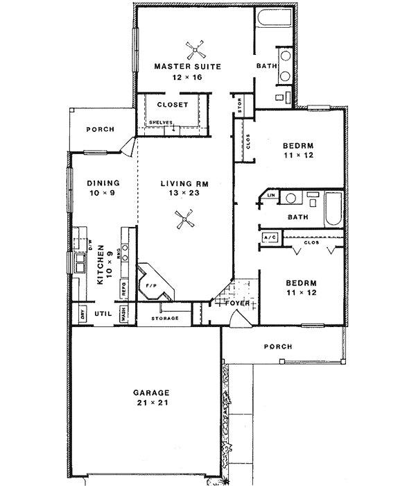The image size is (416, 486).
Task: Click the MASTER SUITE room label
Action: pyautogui.click(x=187, y=67)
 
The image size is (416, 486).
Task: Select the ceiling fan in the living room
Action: pyautogui.click(x=183, y=221)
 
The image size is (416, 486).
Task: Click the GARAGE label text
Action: pyautogui.click(x=152, y=392)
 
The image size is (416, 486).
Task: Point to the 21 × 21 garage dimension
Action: pyautogui.click(x=152, y=402)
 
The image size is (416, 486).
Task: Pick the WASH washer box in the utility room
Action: pyautogui.click(x=125, y=313)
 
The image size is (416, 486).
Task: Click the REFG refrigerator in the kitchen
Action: pyautogui.click(x=125, y=286)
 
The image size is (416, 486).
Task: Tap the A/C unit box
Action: pyautogui.click(x=270, y=237)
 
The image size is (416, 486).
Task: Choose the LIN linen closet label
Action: pyautogui.click(x=271, y=196)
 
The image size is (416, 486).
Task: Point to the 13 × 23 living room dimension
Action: pyautogui.click(x=180, y=194)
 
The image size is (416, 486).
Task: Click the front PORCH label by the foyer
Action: pyautogui.click(x=277, y=346)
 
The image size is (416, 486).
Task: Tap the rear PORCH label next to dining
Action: pyautogui.click(x=99, y=129)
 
